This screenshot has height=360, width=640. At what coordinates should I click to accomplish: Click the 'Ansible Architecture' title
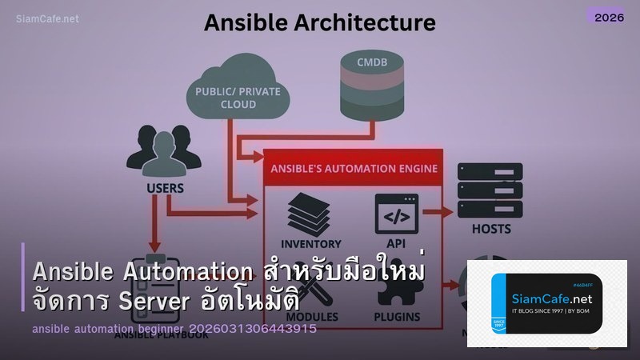(320, 22)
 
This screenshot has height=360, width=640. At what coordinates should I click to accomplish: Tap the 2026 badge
(605, 16)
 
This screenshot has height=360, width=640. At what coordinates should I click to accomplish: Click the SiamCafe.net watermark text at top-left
(47, 18)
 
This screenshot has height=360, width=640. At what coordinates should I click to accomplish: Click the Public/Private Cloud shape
(238, 92)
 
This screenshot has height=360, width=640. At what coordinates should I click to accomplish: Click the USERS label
(166, 190)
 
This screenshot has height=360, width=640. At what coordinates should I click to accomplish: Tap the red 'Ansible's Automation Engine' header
(354, 168)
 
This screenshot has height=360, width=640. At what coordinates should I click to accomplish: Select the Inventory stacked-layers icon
(310, 211)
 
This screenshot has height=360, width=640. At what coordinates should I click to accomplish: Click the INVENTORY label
(311, 243)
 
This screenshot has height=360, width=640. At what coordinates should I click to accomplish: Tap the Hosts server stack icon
(490, 189)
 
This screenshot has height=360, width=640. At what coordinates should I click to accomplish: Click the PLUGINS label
(397, 317)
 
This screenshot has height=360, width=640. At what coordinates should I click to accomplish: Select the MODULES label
(311, 317)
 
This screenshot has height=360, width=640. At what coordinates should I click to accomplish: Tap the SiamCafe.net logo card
(546, 303)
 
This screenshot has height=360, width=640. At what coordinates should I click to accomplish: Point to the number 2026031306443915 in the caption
(253, 329)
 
